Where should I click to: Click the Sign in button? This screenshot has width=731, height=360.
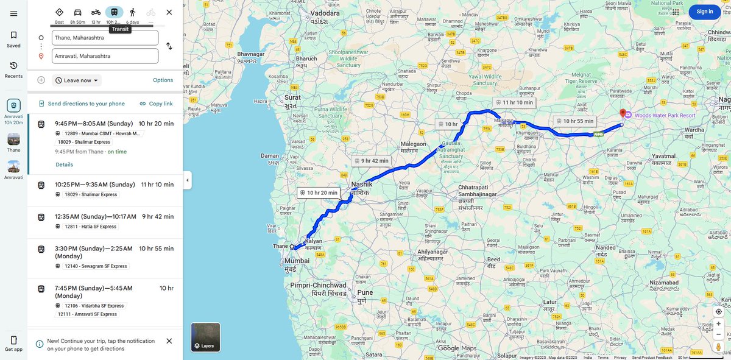point(705,12)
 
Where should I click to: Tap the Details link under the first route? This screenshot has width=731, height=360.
point(64,164)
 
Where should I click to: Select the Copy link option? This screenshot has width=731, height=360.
point(156,104)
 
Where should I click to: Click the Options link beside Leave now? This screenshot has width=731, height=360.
point(163,80)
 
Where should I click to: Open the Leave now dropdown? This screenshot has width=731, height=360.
point(77,80)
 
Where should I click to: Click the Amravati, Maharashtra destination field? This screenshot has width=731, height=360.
point(105,56)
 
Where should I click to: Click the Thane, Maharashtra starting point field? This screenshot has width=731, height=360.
point(105,38)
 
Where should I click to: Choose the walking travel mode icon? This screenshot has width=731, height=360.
point(132,12)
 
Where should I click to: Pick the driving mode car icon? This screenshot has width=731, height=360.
point(77,12)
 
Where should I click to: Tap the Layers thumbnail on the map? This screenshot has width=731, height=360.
point(205,337)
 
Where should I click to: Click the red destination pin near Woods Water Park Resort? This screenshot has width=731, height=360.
point(623,113)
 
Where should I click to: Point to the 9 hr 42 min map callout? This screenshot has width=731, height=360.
point(371,161)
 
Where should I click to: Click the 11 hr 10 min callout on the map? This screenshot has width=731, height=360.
point(514,102)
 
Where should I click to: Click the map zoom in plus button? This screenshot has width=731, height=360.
point(718,323)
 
